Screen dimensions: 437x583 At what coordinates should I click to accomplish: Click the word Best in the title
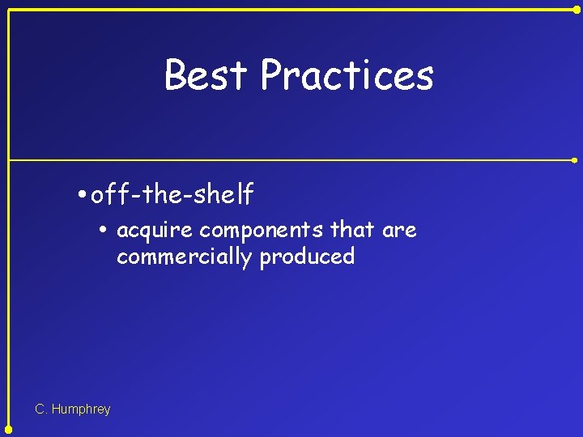pos(206,75)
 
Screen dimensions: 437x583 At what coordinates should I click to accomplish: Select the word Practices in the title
pos(347,75)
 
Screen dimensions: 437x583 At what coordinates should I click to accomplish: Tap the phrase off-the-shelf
pos(172,194)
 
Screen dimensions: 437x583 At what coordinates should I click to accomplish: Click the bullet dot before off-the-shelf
pos(83,195)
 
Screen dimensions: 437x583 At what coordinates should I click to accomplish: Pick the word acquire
pos(155,231)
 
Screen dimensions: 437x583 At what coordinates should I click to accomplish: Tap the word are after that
pos(399,231)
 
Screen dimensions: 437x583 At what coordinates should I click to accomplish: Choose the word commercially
pos(184,257)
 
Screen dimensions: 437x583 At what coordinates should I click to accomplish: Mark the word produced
pos(307,257)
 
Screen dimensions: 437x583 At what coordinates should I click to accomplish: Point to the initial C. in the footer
pos(41,409)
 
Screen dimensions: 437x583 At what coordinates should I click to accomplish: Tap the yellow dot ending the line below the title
pos(576,160)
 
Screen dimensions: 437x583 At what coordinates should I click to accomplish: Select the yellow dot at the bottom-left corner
pos(8,429)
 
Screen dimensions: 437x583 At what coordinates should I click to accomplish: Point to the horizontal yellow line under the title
pos(291,160)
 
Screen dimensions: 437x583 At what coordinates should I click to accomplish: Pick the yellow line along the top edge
pos(291,9)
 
